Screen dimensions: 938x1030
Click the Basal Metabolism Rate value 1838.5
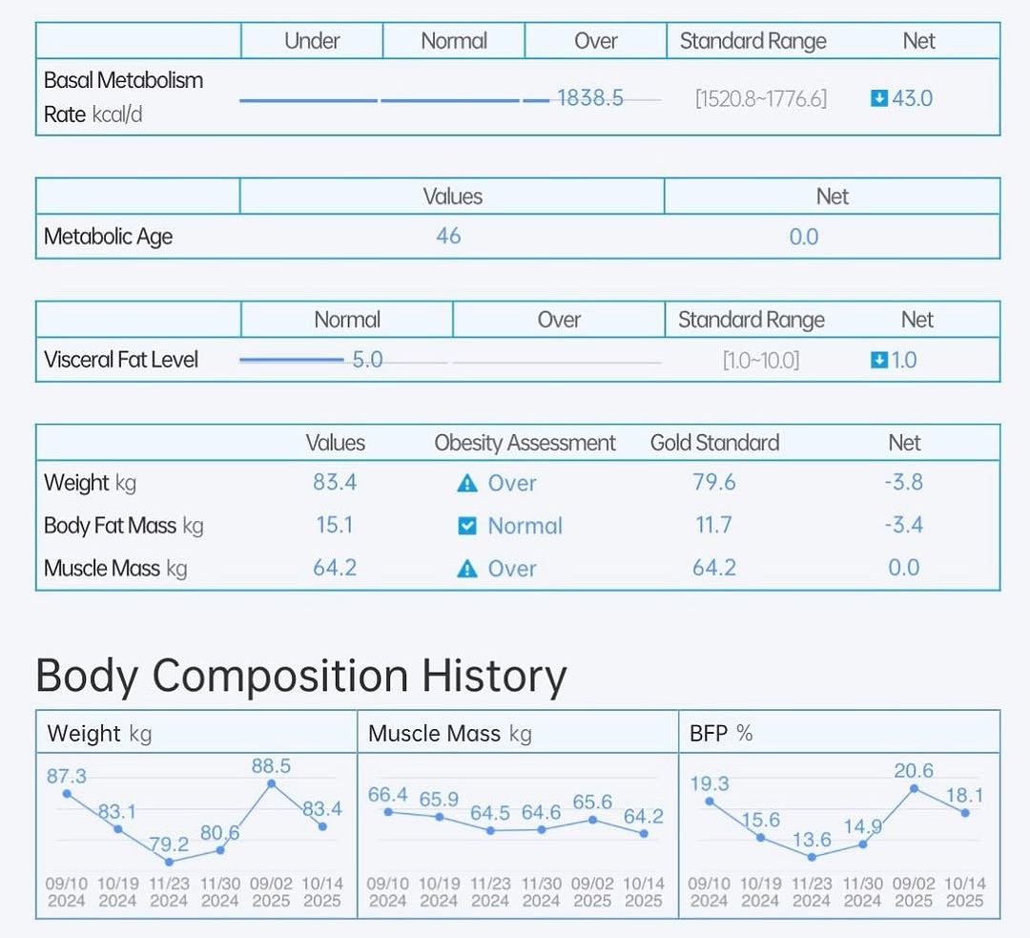[x=590, y=98]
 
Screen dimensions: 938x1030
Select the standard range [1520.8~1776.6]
[x=761, y=98]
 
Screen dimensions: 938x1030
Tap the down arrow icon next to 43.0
[x=879, y=98]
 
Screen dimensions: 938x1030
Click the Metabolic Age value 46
[x=448, y=236]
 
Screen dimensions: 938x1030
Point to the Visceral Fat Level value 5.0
[x=367, y=360]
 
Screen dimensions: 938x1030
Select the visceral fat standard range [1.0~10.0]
[x=761, y=360]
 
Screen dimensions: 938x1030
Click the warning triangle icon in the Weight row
[x=466, y=484]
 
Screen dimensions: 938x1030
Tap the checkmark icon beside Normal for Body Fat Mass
[x=466, y=526]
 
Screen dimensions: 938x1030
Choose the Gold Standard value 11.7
[x=714, y=525]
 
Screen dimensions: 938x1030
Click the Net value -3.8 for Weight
[x=903, y=482]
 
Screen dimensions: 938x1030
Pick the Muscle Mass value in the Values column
[x=335, y=568]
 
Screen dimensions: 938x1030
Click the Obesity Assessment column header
[x=525, y=443]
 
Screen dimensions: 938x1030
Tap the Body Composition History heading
[x=300, y=676]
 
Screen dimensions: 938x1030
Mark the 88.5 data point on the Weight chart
[x=272, y=783]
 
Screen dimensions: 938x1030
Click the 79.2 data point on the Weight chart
[x=169, y=862]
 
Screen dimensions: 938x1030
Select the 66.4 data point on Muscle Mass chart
[x=388, y=812]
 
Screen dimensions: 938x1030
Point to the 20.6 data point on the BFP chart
[x=914, y=788]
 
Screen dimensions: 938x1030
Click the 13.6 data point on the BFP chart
[x=812, y=857]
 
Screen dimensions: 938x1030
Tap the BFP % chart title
[x=721, y=734]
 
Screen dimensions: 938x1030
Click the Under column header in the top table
[x=312, y=41]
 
